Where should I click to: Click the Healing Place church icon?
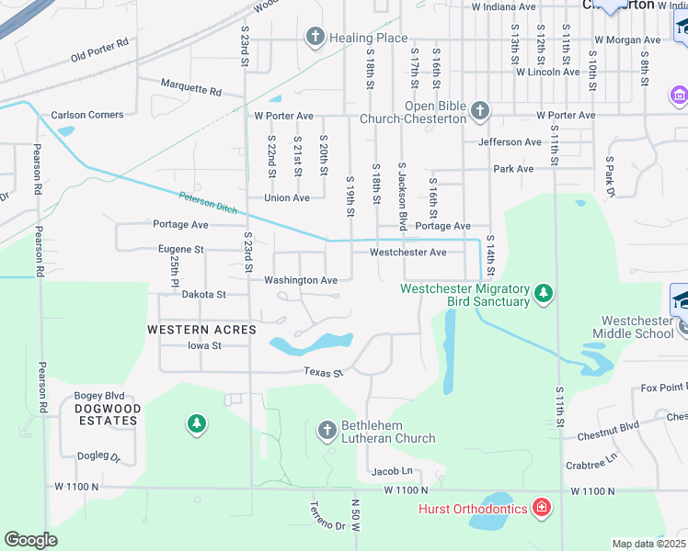tap(315, 38)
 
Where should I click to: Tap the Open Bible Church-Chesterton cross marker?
tap(479, 112)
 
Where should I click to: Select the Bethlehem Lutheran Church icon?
tap(327, 430)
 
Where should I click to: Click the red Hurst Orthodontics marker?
tap(542, 508)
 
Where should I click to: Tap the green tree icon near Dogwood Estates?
tap(196, 423)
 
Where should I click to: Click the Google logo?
tap(30, 539)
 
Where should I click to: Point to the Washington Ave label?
tap(301, 280)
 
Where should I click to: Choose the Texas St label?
tap(324, 373)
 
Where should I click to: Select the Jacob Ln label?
tap(392, 471)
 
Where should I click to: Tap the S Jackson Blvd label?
tap(402, 197)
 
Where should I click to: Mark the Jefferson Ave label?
tap(510, 142)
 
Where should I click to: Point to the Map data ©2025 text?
tap(648, 544)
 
